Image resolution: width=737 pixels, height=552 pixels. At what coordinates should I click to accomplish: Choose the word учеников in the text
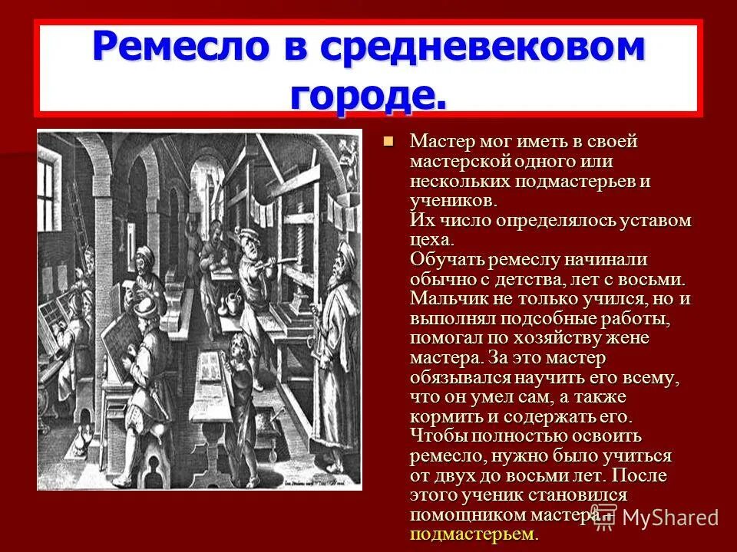(x=452, y=201)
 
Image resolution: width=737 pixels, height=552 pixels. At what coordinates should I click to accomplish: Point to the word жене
(x=629, y=338)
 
